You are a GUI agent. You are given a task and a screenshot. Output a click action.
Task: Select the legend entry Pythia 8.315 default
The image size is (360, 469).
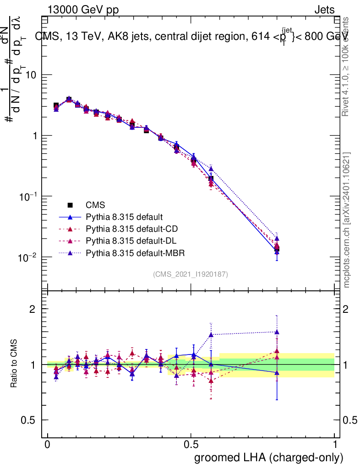[125, 217]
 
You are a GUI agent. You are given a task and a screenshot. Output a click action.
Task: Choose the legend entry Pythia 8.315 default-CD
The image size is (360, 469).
[130, 229]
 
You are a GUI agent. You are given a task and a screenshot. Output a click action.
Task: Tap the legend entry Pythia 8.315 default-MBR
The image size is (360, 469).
[132, 252]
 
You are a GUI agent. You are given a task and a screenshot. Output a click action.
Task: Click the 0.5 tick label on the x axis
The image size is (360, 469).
[191, 445]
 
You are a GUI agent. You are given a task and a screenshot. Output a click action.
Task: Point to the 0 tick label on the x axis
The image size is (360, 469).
[48, 445]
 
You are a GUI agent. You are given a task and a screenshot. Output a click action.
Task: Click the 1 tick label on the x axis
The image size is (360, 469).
[334, 445]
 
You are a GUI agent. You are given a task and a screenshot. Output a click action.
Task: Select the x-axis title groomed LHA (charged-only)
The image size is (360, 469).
[269, 458]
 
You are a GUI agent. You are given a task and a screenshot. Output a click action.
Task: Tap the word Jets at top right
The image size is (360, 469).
[324, 10]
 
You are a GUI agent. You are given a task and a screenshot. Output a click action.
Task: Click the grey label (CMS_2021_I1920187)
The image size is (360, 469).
[191, 274]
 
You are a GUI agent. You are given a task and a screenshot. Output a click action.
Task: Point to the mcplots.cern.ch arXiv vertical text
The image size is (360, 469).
[347, 220]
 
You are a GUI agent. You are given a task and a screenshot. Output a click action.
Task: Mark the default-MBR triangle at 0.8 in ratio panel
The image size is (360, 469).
[277, 332]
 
